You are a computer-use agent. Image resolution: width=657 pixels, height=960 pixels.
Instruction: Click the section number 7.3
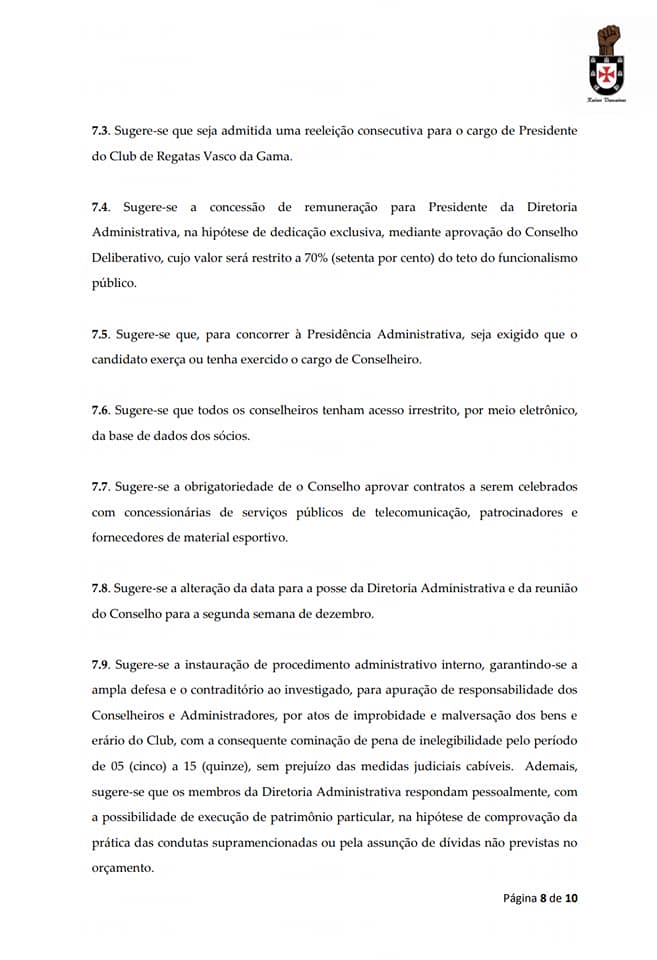tap(101, 131)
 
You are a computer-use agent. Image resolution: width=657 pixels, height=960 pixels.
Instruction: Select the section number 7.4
tap(101, 207)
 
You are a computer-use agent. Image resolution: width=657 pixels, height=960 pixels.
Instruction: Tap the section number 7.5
tap(101, 333)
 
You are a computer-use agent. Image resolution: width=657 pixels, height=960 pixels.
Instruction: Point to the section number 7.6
tap(101, 410)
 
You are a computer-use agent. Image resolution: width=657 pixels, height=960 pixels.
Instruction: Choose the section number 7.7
tap(101, 486)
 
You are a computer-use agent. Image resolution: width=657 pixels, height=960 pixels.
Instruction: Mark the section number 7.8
tap(101, 588)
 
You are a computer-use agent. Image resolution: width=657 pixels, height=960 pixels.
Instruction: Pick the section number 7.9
tap(101, 665)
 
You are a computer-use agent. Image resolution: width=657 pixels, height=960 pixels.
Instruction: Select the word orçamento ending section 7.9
tap(121, 868)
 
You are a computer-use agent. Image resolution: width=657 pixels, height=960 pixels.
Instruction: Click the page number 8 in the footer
tap(544, 897)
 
